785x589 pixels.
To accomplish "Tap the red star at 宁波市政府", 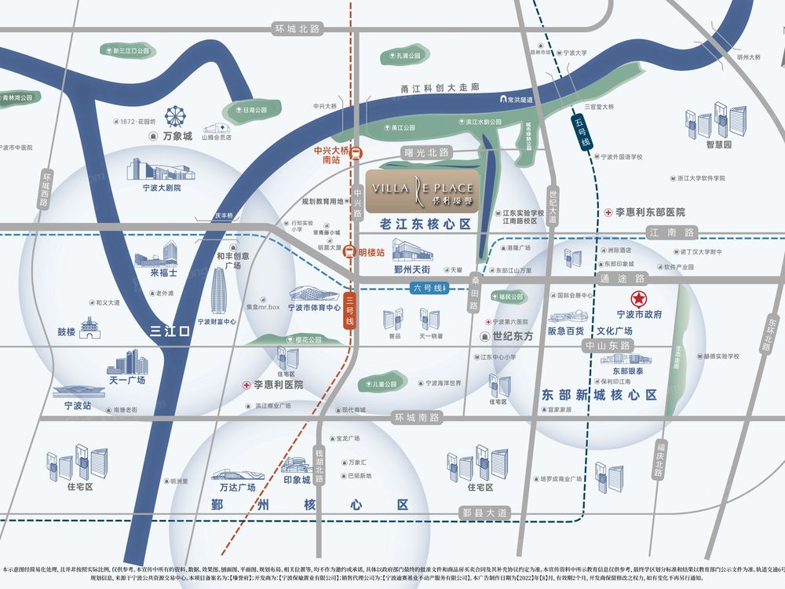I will (637, 298).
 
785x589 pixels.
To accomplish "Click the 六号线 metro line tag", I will (429, 289).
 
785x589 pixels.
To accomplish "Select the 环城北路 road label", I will (298, 29).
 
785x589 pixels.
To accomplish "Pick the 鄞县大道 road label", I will (487, 513).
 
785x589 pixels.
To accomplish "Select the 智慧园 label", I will (717, 145).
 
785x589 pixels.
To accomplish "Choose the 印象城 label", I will (297, 479).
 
